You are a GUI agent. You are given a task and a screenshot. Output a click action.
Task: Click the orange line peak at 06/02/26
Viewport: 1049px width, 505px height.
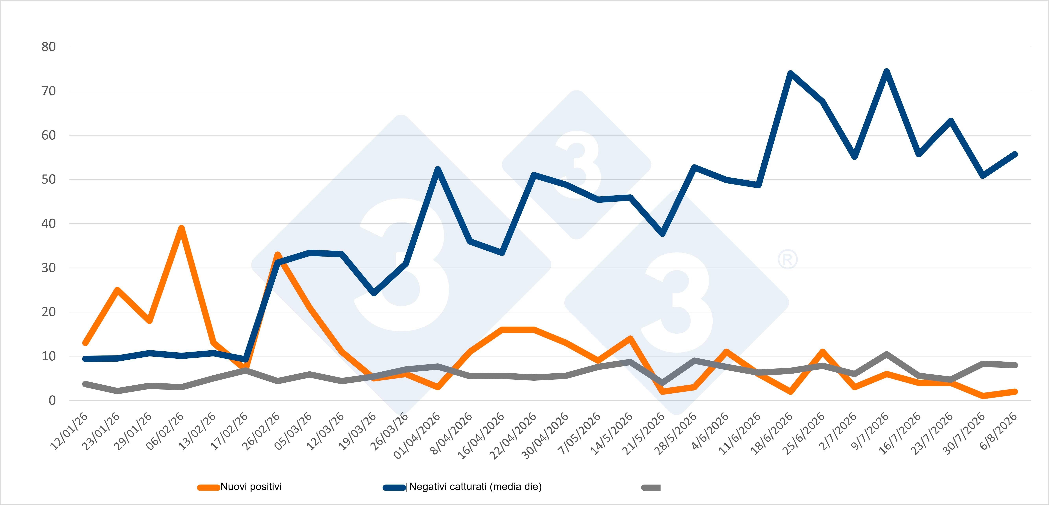[182, 228]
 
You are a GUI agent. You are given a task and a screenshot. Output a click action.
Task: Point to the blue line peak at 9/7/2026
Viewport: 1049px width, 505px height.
[887, 72]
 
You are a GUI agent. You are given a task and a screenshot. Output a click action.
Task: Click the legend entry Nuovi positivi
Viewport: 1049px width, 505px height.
[239, 487]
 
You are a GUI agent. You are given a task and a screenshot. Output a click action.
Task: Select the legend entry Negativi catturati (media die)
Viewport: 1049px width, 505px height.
[462, 487]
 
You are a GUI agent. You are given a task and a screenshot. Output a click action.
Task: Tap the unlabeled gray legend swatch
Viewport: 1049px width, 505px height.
[651, 487]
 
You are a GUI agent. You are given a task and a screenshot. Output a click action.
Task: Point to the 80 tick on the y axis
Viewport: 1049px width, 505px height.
[48, 47]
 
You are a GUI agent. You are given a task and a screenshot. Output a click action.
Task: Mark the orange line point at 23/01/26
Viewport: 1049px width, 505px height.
[117, 290]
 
